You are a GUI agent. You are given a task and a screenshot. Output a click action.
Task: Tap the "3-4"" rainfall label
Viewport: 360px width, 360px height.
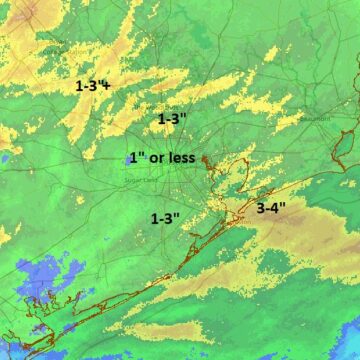click(x=272, y=209)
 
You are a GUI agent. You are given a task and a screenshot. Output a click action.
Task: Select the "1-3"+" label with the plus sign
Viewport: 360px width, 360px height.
click(x=93, y=86)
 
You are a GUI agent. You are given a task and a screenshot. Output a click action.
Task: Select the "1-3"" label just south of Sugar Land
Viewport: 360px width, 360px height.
click(x=165, y=218)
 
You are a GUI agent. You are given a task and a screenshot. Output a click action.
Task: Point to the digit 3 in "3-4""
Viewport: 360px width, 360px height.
click(x=261, y=209)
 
